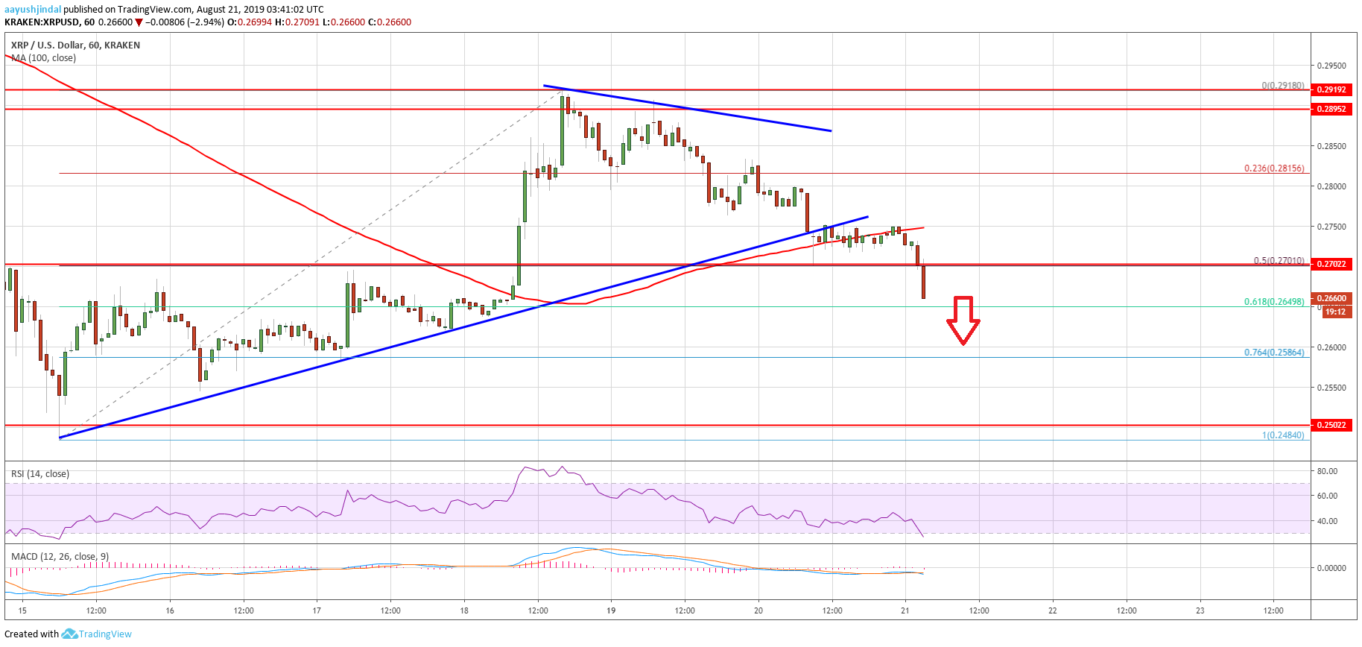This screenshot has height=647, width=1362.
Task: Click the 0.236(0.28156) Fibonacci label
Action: pos(1274,168)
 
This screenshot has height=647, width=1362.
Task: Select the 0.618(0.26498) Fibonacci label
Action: pos(1274,302)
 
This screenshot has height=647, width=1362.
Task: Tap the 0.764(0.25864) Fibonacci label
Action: pos(1274,353)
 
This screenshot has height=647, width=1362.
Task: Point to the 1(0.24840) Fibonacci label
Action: pos(1283,435)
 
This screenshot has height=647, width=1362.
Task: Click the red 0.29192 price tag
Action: pos(1331,89)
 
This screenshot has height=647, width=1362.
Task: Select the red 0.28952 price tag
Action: pos(1331,109)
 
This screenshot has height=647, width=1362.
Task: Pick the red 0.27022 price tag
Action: pos(1331,264)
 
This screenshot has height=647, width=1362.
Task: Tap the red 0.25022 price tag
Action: pos(1331,425)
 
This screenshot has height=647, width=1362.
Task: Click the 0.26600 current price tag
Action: pos(1332,298)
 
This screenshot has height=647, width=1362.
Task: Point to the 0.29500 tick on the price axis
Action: pos(1331,66)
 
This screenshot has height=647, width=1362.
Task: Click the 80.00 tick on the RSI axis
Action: pos(1327,471)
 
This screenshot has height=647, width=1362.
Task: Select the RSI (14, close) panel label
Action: pos(40,474)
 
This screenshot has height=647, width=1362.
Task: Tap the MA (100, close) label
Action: pos(43,58)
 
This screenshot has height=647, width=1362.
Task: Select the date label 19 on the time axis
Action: pos(611,610)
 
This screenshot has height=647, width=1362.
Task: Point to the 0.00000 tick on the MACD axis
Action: pos(1331,568)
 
